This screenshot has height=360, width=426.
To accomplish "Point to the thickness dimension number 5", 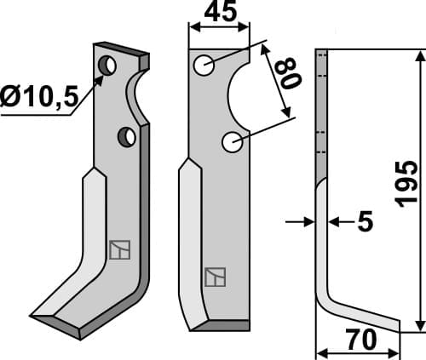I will tap(365, 223).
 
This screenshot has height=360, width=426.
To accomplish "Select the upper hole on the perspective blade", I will tap(107, 65).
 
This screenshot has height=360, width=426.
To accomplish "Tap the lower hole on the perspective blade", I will tap(127, 135).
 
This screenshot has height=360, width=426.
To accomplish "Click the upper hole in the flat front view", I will tap(204, 65).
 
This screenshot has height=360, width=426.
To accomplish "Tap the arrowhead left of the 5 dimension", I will tap(308, 222).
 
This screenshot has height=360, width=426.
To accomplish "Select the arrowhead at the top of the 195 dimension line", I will tap(418, 56).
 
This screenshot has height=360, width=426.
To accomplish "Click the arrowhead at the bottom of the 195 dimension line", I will tap(418, 327).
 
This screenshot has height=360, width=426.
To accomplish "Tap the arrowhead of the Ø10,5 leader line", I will tap(101, 79).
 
